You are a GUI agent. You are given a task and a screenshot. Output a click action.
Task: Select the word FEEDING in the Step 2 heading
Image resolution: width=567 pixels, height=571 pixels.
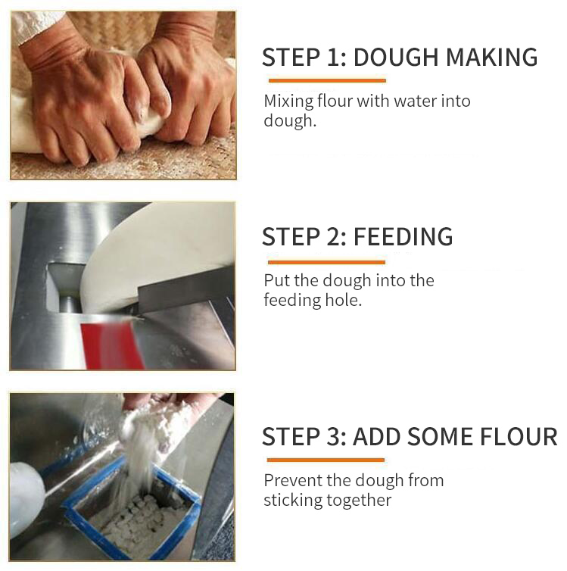click(403, 237)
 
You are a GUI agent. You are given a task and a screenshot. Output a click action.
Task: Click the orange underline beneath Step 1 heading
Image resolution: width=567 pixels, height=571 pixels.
click(326, 80)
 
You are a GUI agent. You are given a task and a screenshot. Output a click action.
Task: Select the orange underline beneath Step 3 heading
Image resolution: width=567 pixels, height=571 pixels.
click(326, 460)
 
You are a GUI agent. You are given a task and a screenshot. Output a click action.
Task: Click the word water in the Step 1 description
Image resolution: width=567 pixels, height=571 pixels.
click(415, 101)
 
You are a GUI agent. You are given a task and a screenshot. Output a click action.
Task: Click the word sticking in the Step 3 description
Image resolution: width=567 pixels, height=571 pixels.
click(294, 500)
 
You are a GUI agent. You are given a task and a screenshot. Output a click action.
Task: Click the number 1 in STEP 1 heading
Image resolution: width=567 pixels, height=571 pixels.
click(335, 58)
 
